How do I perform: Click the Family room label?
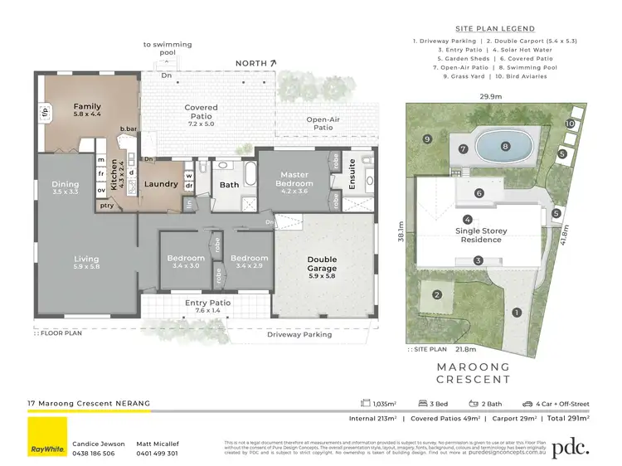(86, 111)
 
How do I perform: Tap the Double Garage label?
(322, 263)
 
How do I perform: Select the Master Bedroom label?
(294, 178)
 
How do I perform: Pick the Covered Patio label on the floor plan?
(201, 112)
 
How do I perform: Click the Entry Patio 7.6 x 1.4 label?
(207, 308)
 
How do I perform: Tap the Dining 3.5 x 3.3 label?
(65, 188)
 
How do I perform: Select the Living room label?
(86, 263)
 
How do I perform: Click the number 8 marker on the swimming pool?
(504, 147)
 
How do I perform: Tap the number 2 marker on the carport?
(437, 294)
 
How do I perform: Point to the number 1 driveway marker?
(516, 313)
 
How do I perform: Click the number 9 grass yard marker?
(426, 138)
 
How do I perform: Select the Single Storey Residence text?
(481, 235)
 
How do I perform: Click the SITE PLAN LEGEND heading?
(495, 28)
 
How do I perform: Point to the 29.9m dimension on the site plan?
(490, 96)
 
